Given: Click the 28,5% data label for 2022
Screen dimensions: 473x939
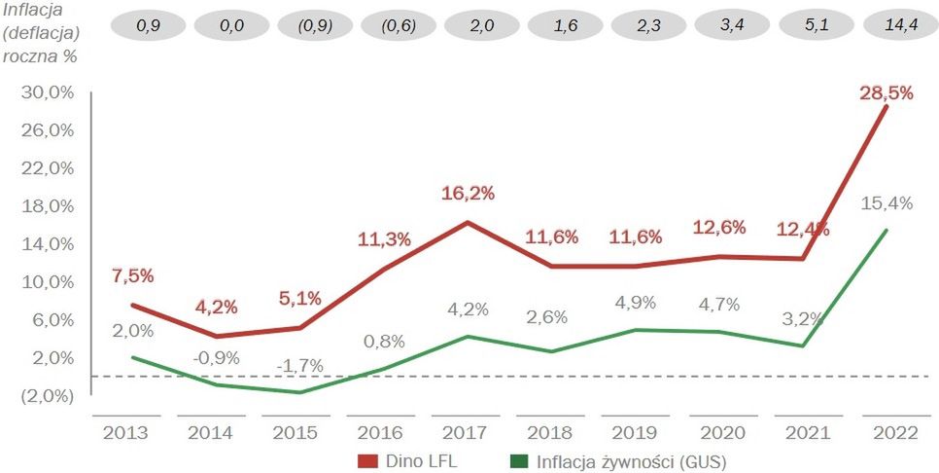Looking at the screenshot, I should pos(886,93).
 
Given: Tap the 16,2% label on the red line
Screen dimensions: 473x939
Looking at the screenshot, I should pos(469,194).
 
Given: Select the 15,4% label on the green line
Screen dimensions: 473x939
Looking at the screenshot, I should pos(886,203).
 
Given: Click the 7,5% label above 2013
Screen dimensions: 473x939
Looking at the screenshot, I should pos(133,275).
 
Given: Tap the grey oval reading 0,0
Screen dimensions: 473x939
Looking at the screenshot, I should pos(232,25).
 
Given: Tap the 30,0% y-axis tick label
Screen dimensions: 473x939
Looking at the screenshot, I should pos(46,92).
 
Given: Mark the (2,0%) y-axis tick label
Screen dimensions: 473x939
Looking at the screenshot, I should pos(46,396).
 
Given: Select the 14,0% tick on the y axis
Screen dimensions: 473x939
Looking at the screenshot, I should pos(46,244).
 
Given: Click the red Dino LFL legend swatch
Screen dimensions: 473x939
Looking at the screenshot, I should pos(367,459).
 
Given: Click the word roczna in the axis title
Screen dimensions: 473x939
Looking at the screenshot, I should pos(31,55).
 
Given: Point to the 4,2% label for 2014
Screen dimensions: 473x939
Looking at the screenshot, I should pos(216,307).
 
